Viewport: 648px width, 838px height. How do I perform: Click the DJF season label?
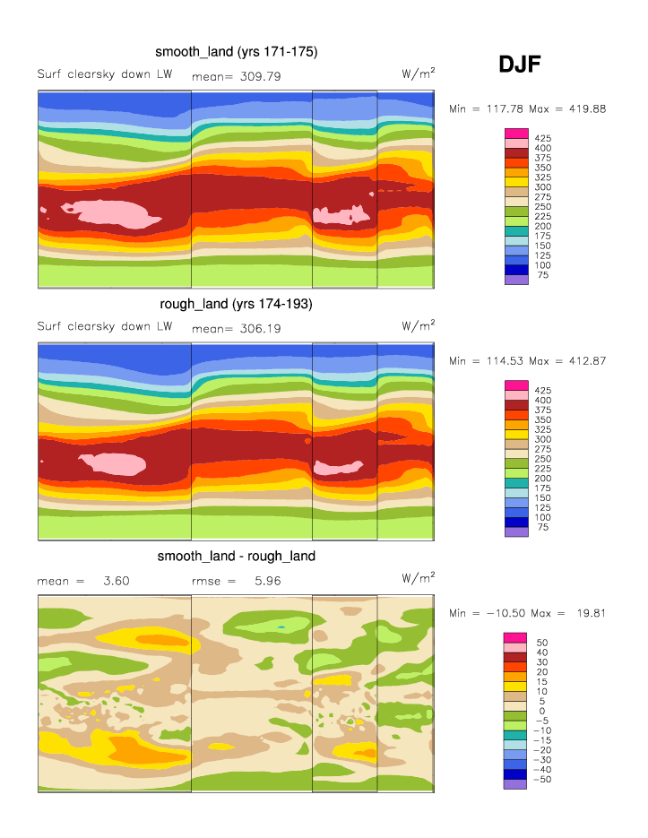click(x=519, y=64)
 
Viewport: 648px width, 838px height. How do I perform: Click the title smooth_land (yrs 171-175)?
click(x=237, y=52)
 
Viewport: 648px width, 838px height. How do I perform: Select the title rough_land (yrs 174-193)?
click(x=237, y=305)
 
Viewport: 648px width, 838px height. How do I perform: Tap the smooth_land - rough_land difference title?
click(x=237, y=557)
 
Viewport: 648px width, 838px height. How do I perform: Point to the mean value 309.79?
click(x=255, y=76)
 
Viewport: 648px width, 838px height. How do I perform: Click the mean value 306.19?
click(x=255, y=329)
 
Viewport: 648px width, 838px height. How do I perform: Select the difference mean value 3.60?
click(x=117, y=581)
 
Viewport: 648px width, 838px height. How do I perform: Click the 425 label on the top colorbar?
click(x=542, y=138)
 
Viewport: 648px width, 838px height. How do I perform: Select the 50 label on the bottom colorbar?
click(x=541, y=642)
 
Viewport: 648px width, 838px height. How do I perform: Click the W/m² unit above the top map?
click(x=419, y=73)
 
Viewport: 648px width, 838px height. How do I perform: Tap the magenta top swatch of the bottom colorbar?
click(x=517, y=637)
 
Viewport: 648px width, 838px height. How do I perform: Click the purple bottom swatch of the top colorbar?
click(x=517, y=280)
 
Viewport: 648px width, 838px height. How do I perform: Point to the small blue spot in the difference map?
click(x=281, y=626)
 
